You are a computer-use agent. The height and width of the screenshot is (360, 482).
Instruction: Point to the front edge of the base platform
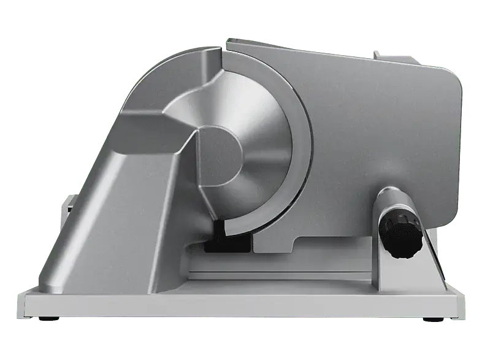(x=245, y=307)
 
